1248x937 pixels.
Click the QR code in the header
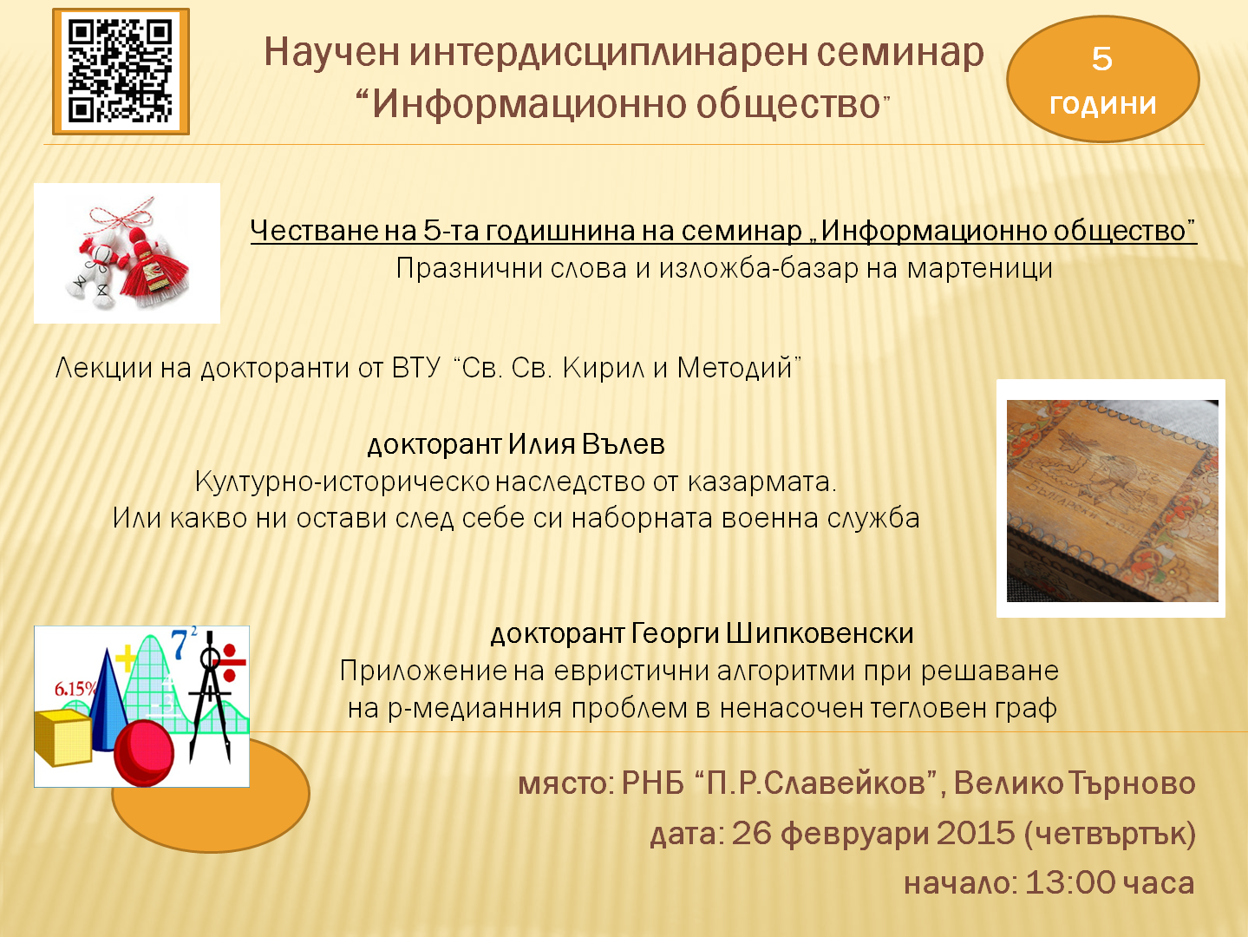121,72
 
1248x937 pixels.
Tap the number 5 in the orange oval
1102,59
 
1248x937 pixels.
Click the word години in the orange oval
1103,103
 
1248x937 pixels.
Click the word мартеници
980,268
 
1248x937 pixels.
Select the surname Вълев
624,444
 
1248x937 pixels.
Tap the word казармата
761,482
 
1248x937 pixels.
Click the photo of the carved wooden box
1112,499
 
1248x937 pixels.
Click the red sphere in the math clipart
144,752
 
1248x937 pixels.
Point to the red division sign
230,662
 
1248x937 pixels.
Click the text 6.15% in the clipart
75,689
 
